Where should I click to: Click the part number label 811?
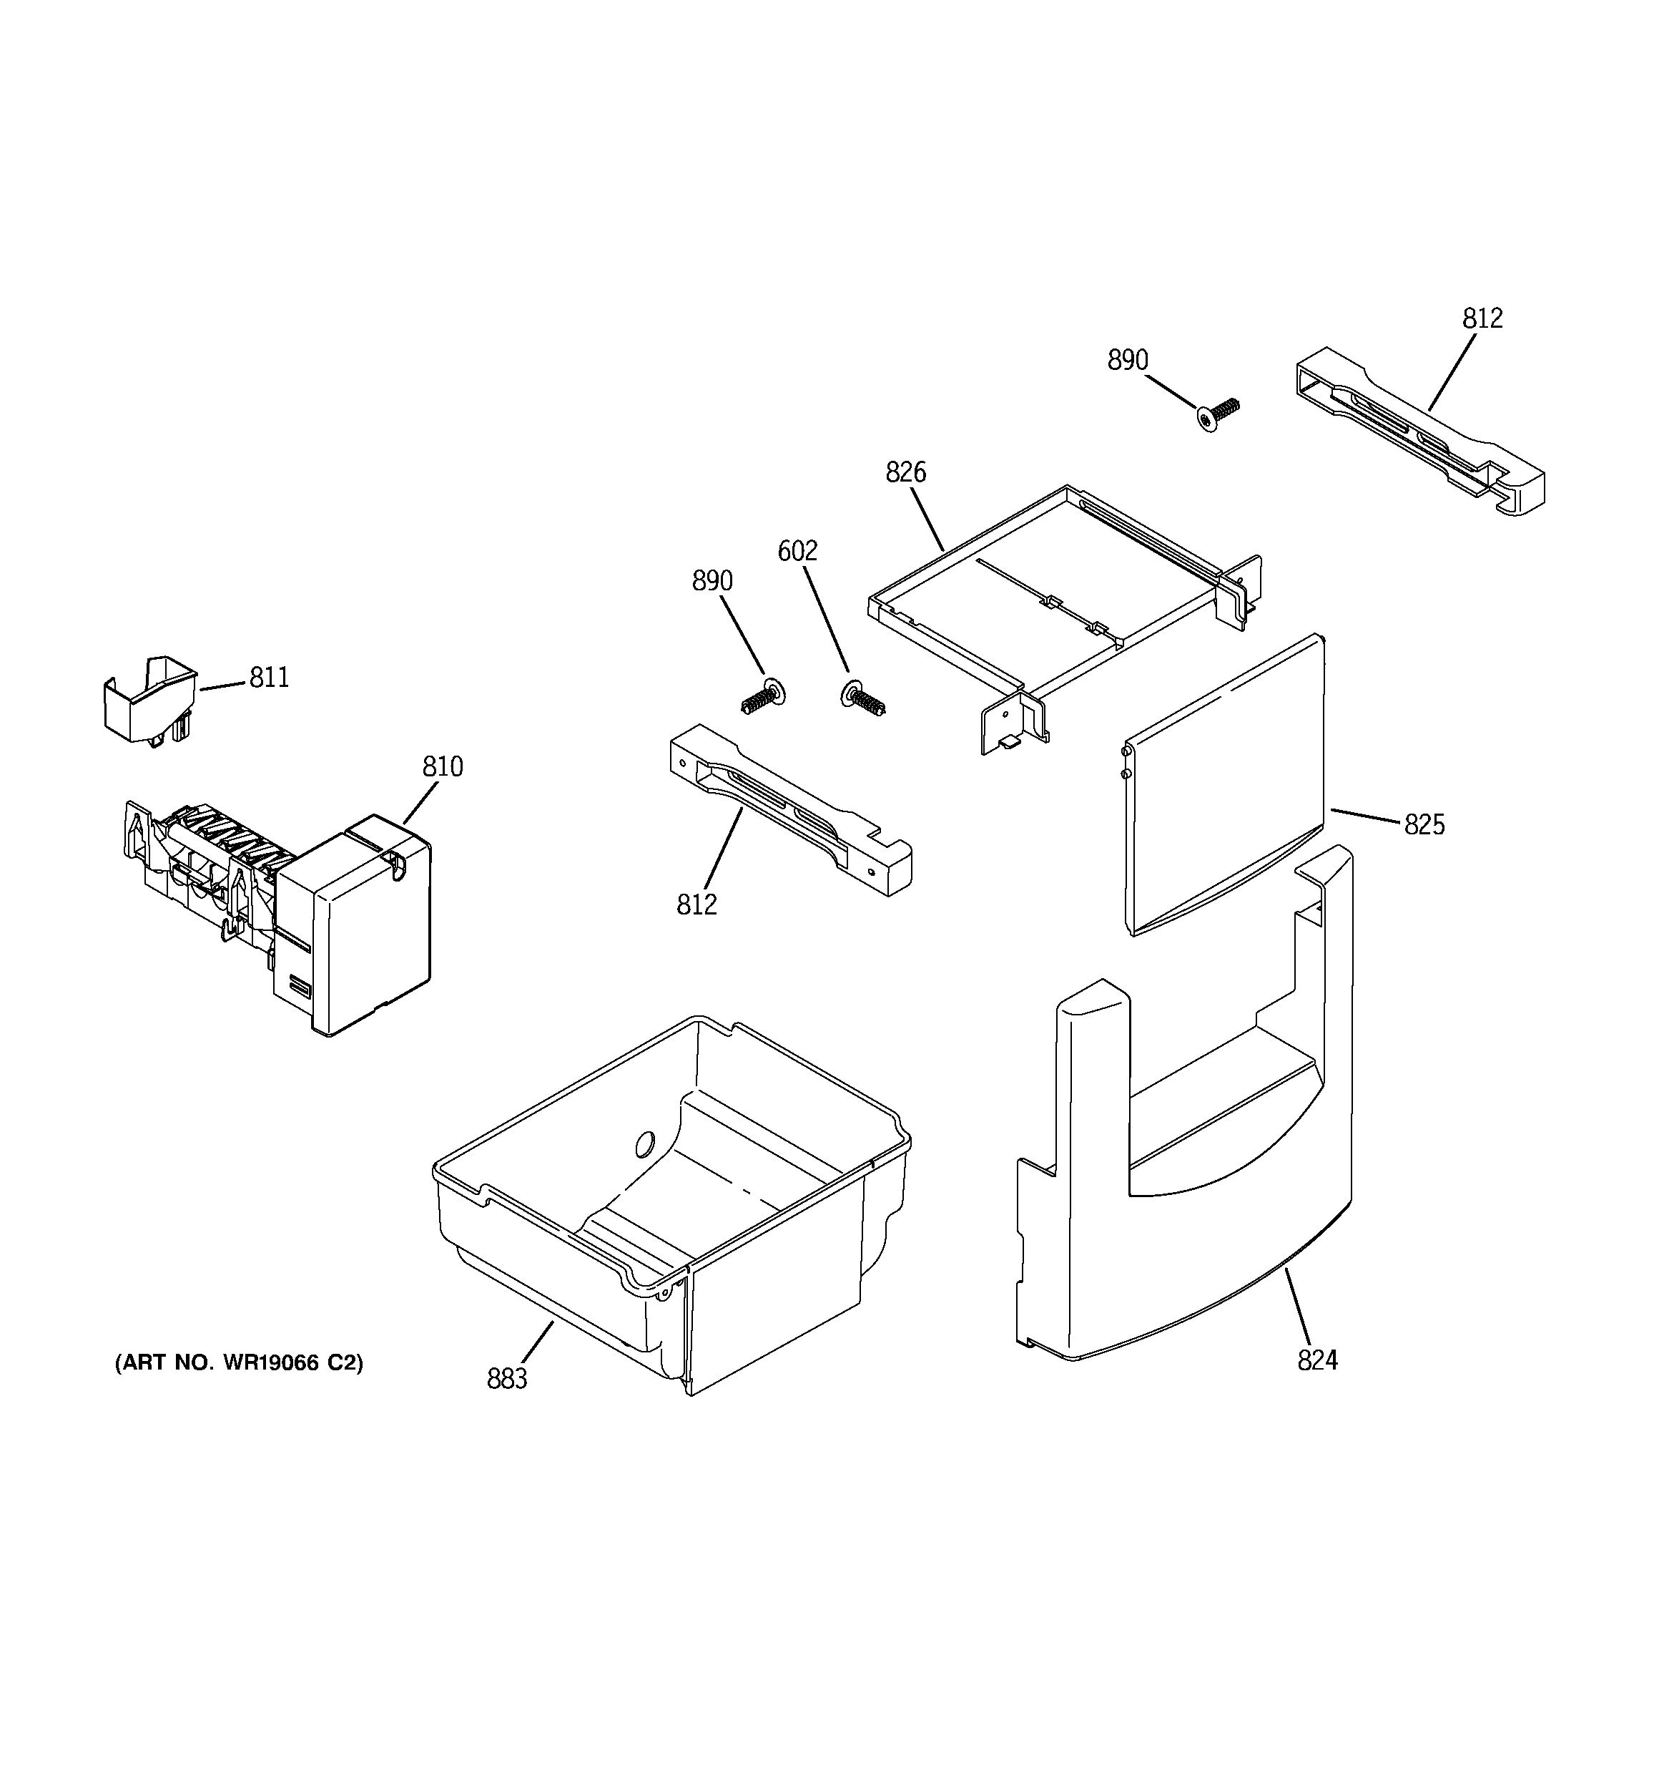(269, 678)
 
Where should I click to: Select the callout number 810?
(443, 766)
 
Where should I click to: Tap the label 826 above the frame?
(905, 472)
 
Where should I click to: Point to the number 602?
(797, 552)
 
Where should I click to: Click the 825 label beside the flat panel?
(1424, 825)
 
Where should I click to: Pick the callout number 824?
(1317, 1360)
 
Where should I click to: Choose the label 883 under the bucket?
(507, 1378)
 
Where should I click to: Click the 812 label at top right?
(1482, 318)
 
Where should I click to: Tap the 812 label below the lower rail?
(696, 904)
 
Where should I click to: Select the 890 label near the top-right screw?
(1128, 360)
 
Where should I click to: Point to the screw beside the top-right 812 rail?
(1217, 414)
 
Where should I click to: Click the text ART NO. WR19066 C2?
(239, 1362)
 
